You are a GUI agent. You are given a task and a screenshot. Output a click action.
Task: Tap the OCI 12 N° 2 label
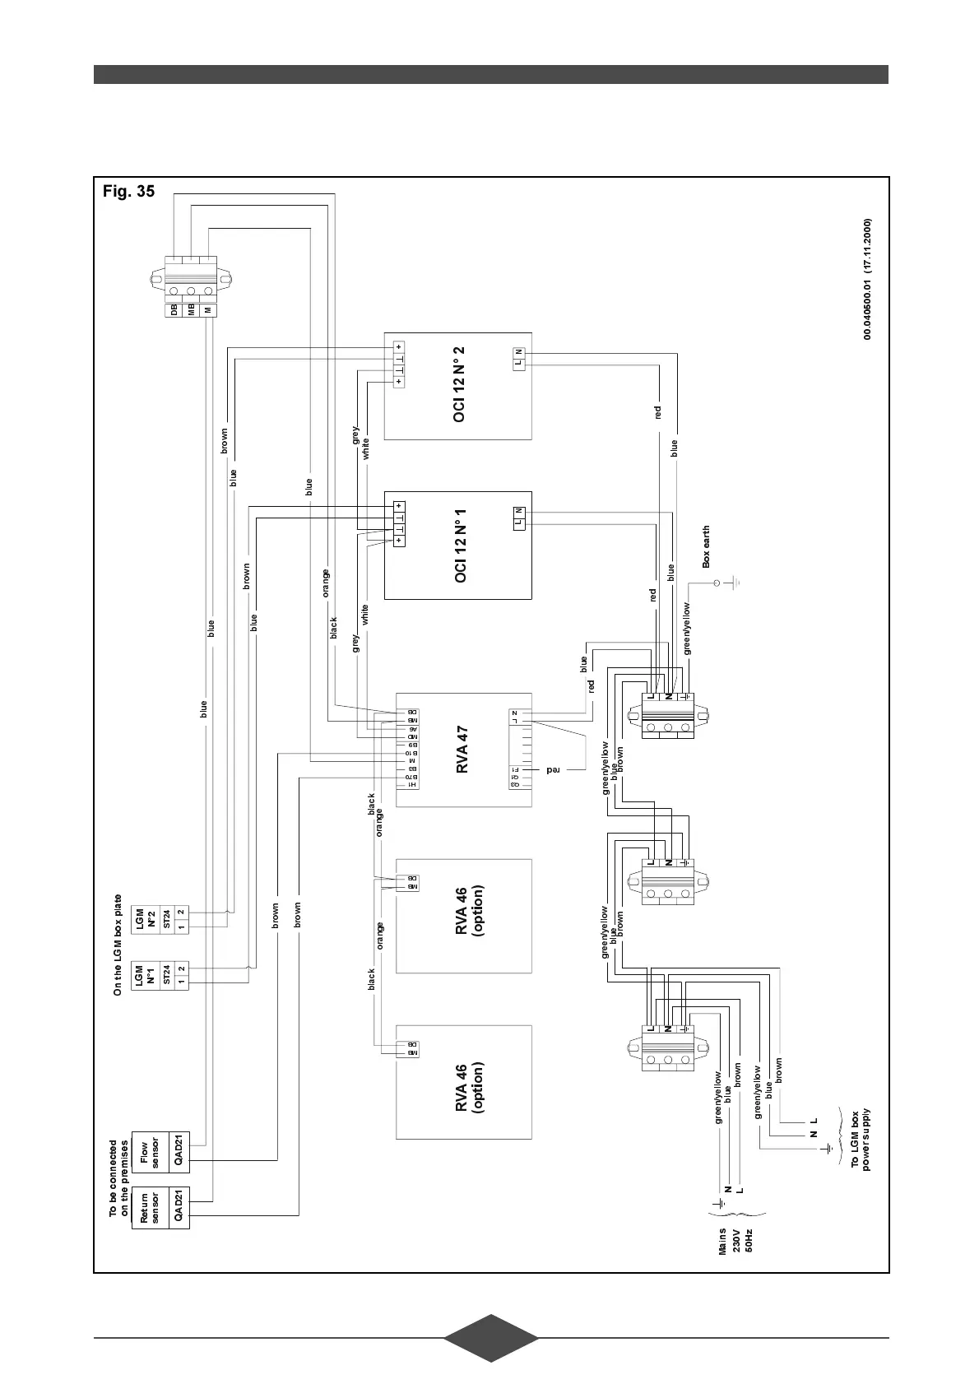459,384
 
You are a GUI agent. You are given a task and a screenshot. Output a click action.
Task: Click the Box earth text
705,547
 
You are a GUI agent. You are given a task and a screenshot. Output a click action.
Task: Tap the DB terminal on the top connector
174,310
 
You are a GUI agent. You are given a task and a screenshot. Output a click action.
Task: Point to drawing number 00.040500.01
867,280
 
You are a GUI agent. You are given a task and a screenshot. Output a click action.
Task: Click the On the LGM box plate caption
118,945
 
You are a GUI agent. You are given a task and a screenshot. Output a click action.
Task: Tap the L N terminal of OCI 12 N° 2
520,358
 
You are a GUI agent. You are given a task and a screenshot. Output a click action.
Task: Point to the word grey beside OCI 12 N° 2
355,434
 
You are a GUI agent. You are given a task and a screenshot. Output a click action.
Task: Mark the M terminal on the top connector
208,310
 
